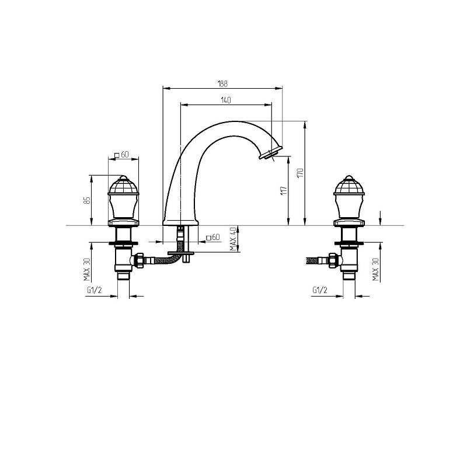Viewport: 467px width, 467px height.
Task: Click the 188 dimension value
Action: point(222,83)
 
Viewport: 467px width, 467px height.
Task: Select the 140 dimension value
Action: point(226,100)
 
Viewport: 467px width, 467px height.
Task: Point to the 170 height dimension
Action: point(301,173)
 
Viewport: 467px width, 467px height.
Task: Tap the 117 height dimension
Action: point(284,190)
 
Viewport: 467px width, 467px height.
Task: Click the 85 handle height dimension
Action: point(87,200)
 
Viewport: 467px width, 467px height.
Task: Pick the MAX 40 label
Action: point(233,239)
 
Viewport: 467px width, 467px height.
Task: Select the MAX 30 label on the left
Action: point(87,270)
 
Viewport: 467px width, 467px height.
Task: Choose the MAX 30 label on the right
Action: point(376,270)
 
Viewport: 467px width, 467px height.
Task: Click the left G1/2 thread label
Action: point(95,290)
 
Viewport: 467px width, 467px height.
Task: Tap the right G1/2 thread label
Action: point(320,290)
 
